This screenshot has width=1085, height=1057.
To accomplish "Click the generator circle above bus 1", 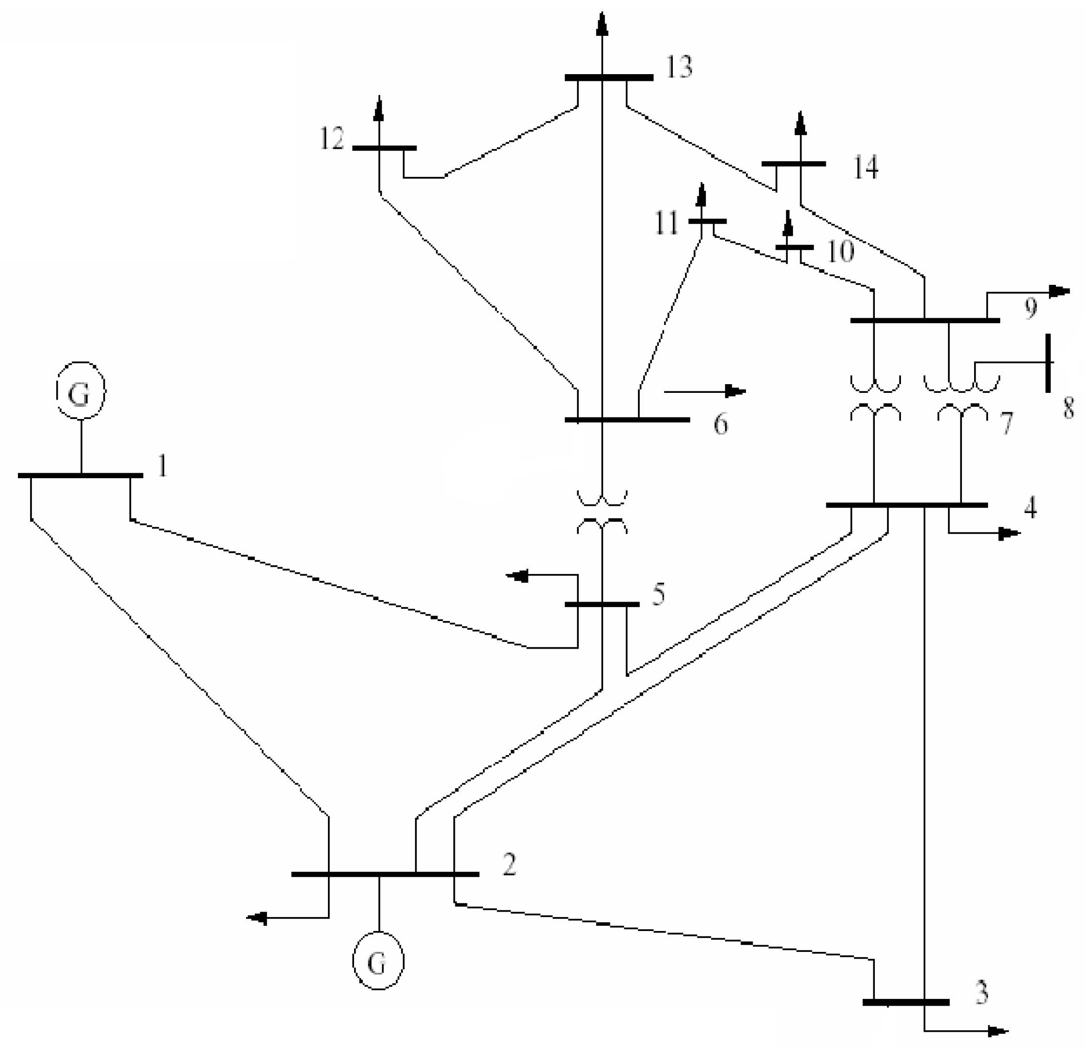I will coord(81,391).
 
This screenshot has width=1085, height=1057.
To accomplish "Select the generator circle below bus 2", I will coord(378,961).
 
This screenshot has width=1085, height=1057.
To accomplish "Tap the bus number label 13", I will coord(679,67).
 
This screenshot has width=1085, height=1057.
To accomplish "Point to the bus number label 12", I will coord(332,139).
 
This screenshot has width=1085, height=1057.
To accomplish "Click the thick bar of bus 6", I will coord(627,420).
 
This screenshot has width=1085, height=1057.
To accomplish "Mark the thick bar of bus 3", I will coord(906,1002).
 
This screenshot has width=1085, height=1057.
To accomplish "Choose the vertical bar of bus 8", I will coord(1048,363).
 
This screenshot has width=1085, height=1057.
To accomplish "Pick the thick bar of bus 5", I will coord(602,604).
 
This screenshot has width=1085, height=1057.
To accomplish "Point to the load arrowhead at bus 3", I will coord(998,1031).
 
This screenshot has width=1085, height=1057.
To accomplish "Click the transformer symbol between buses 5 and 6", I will coord(603,512).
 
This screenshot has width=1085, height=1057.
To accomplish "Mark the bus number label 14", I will coord(865,167).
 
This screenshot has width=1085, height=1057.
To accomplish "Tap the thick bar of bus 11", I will coord(707,221).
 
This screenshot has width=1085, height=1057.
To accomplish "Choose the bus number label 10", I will coord(840,252).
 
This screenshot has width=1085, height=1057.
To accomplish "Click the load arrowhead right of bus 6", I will coord(736,391).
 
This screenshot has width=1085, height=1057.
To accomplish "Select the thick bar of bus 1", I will coord(80,475).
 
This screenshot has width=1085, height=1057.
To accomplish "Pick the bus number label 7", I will coord(1006,423).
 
